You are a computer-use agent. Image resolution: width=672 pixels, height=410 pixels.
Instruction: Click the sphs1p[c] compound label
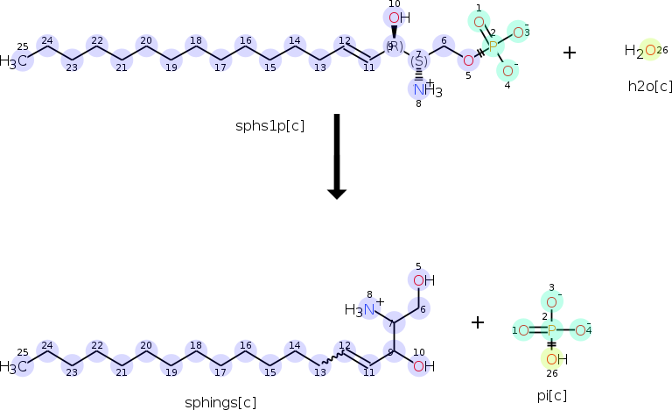click(270, 126)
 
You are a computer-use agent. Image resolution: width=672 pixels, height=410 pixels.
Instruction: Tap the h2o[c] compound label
click(650, 86)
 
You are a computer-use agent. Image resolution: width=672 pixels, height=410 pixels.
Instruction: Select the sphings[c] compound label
click(220, 403)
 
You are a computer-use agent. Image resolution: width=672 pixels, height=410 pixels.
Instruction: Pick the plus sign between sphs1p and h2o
click(570, 53)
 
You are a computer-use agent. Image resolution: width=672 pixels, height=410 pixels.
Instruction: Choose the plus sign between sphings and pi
click(478, 322)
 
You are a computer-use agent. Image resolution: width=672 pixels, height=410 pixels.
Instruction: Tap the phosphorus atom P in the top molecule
click(492, 46)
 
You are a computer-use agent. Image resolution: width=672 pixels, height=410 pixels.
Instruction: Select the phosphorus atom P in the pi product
click(551, 330)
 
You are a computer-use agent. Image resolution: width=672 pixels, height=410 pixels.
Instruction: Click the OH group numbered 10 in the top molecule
click(396, 18)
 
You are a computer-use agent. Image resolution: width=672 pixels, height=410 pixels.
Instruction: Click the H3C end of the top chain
click(15, 61)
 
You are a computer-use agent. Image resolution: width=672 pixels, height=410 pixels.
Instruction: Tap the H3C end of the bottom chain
click(15, 366)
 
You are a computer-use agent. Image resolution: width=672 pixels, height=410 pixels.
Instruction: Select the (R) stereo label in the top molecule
click(395, 46)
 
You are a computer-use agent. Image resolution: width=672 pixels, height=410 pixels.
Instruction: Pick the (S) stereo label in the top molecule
click(419, 61)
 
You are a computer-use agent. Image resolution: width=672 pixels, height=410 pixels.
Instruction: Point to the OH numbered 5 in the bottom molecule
click(422, 280)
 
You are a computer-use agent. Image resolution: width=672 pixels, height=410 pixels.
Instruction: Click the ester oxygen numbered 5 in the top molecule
click(468, 60)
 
